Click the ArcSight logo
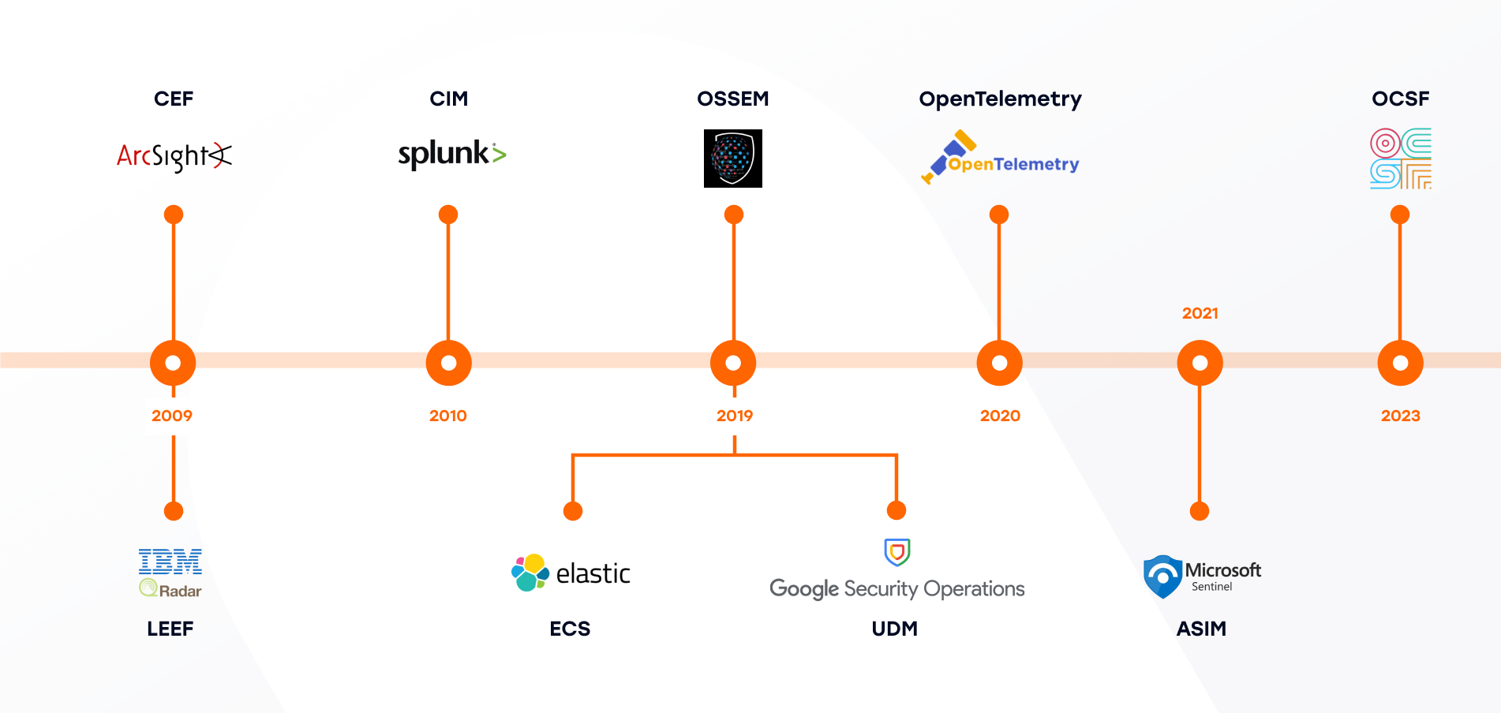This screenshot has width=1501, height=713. tap(174, 156)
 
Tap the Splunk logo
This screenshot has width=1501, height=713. tap(451, 153)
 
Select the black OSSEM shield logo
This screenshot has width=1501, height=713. tap(733, 159)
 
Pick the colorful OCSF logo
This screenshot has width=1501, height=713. tap(1401, 159)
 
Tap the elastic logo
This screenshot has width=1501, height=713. tap(571, 573)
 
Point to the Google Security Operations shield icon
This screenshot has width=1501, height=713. tap(897, 552)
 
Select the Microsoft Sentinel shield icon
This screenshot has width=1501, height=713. tap(1162, 577)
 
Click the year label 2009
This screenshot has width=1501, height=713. tap(172, 416)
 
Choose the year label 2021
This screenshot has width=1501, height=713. tap(1200, 313)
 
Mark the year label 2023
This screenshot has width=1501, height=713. tap(1401, 416)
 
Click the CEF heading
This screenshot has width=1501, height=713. tap(174, 99)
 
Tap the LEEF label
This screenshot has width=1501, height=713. tap(170, 629)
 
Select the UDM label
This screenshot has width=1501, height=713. tap(895, 629)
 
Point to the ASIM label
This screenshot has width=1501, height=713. tap(1201, 629)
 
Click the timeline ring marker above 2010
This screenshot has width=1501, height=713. tap(449, 363)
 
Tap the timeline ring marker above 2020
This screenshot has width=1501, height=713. tap(1000, 363)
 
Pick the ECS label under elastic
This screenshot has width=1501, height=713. tap(570, 629)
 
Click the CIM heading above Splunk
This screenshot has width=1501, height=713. tap(449, 99)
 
